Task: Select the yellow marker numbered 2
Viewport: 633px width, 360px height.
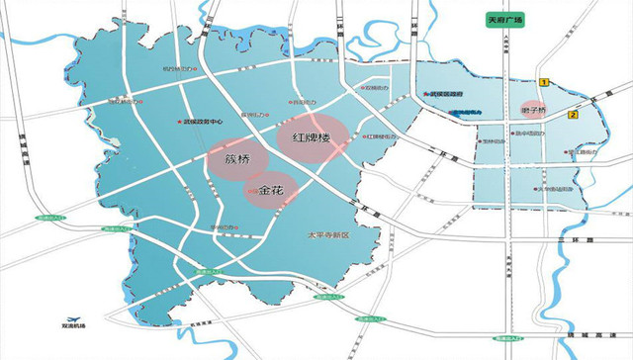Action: (573, 115)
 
